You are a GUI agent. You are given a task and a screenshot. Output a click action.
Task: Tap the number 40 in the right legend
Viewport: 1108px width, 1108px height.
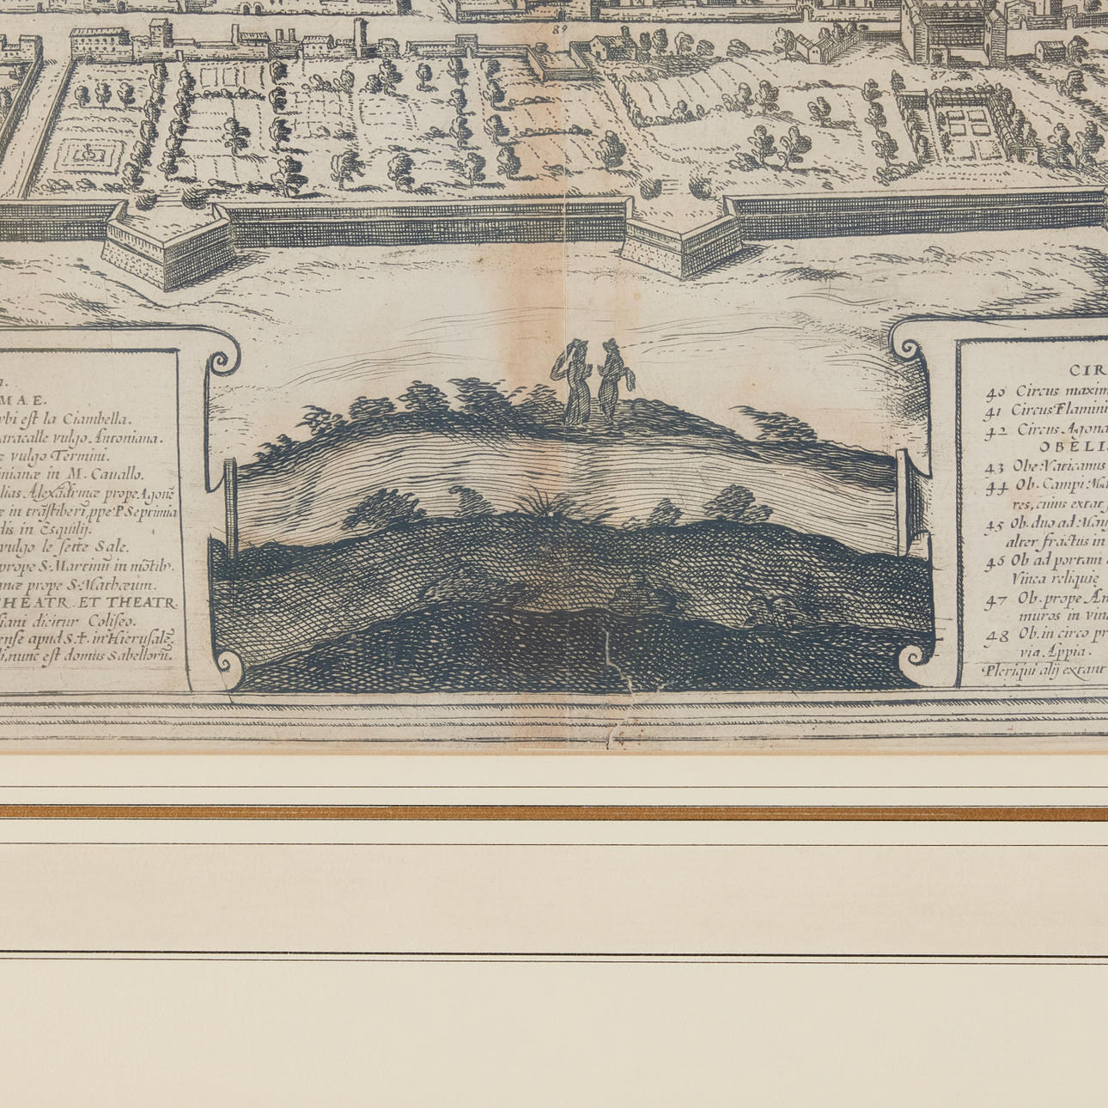click(995, 392)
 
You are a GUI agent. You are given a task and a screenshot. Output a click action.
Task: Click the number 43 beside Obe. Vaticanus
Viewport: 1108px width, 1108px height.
click(995, 468)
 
